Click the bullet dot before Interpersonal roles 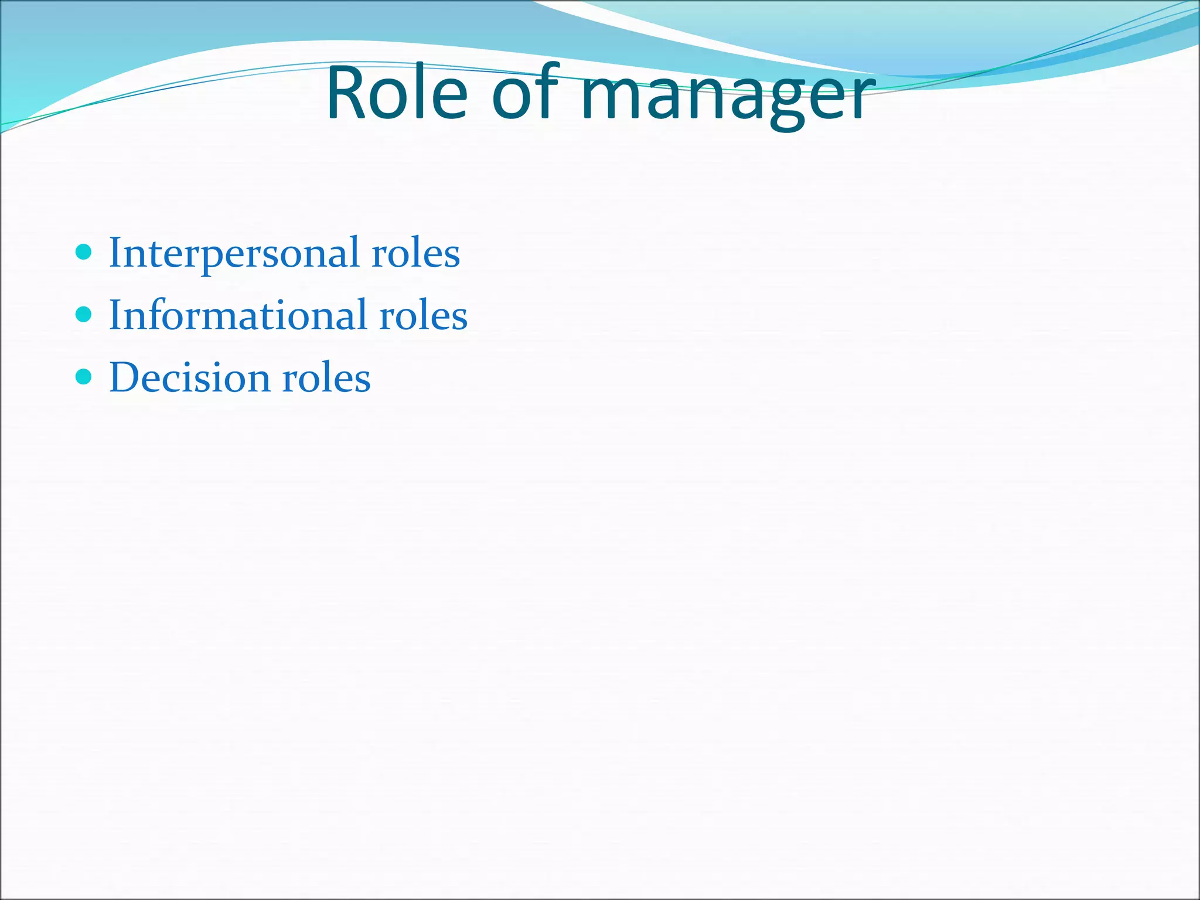click(x=84, y=253)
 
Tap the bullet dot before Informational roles click(x=84, y=315)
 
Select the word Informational click(x=238, y=315)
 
